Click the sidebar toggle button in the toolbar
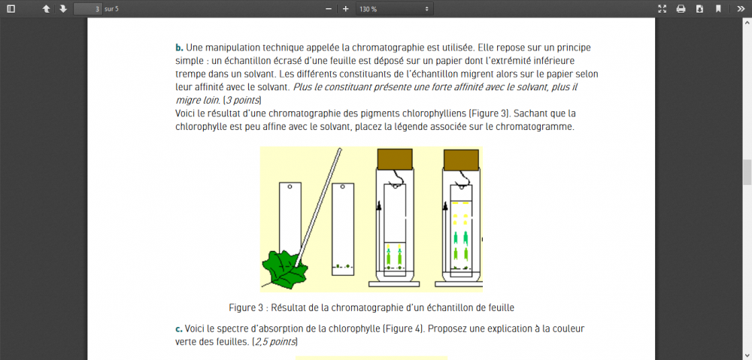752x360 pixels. pyautogui.click(x=11, y=9)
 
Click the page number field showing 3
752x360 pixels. pyautogui.click(x=88, y=9)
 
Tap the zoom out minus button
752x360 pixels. pyautogui.click(x=329, y=9)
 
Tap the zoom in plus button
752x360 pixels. pyautogui.click(x=346, y=9)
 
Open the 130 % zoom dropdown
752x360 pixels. pyautogui.click(x=394, y=9)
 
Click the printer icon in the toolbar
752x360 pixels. pyautogui.click(x=681, y=9)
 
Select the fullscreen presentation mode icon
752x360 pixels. pyautogui.click(x=662, y=9)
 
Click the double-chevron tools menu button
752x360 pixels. pyautogui.click(x=740, y=9)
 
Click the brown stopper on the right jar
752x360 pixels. pyautogui.click(x=461, y=159)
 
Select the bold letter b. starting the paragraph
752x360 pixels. pyautogui.click(x=179, y=47)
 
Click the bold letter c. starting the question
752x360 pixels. pyautogui.click(x=179, y=329)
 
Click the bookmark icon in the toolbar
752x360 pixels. pyautogui.click(x=718, y=9)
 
